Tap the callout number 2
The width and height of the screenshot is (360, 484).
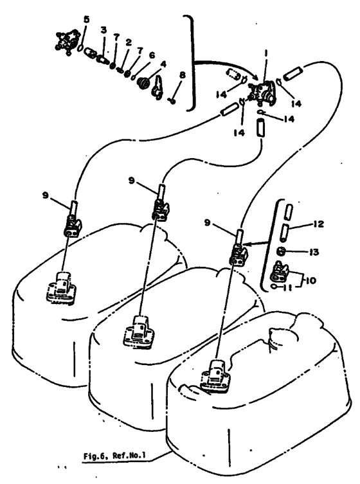[129, 43]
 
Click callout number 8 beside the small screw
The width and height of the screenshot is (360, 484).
[182, 75]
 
